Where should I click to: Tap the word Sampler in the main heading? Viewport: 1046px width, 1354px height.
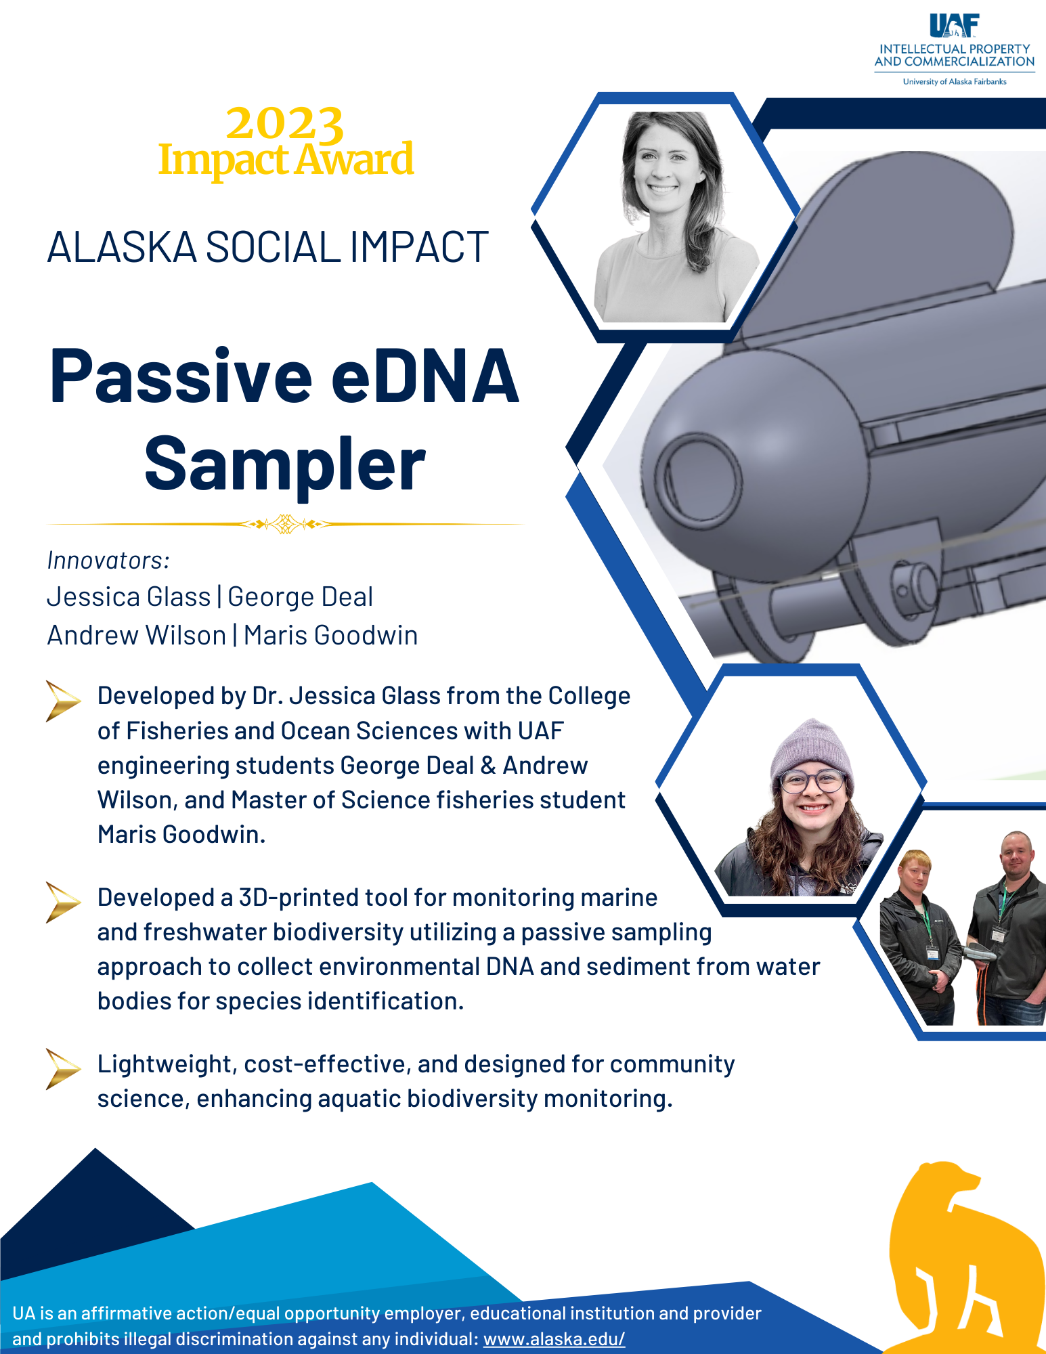285,464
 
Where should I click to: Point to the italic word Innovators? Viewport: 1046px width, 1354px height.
108,561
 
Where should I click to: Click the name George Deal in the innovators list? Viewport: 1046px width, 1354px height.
300,597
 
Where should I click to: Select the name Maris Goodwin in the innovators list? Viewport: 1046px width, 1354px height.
330,636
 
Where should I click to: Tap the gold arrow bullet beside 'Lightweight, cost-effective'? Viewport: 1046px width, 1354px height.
63,1069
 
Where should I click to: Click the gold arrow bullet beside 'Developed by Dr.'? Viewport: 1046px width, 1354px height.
63,701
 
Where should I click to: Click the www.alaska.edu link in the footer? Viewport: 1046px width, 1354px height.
554,1339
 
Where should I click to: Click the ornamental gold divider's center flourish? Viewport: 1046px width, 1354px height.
285,524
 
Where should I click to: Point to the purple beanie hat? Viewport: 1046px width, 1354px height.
812,749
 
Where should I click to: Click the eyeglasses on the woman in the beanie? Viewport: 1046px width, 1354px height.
812,781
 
